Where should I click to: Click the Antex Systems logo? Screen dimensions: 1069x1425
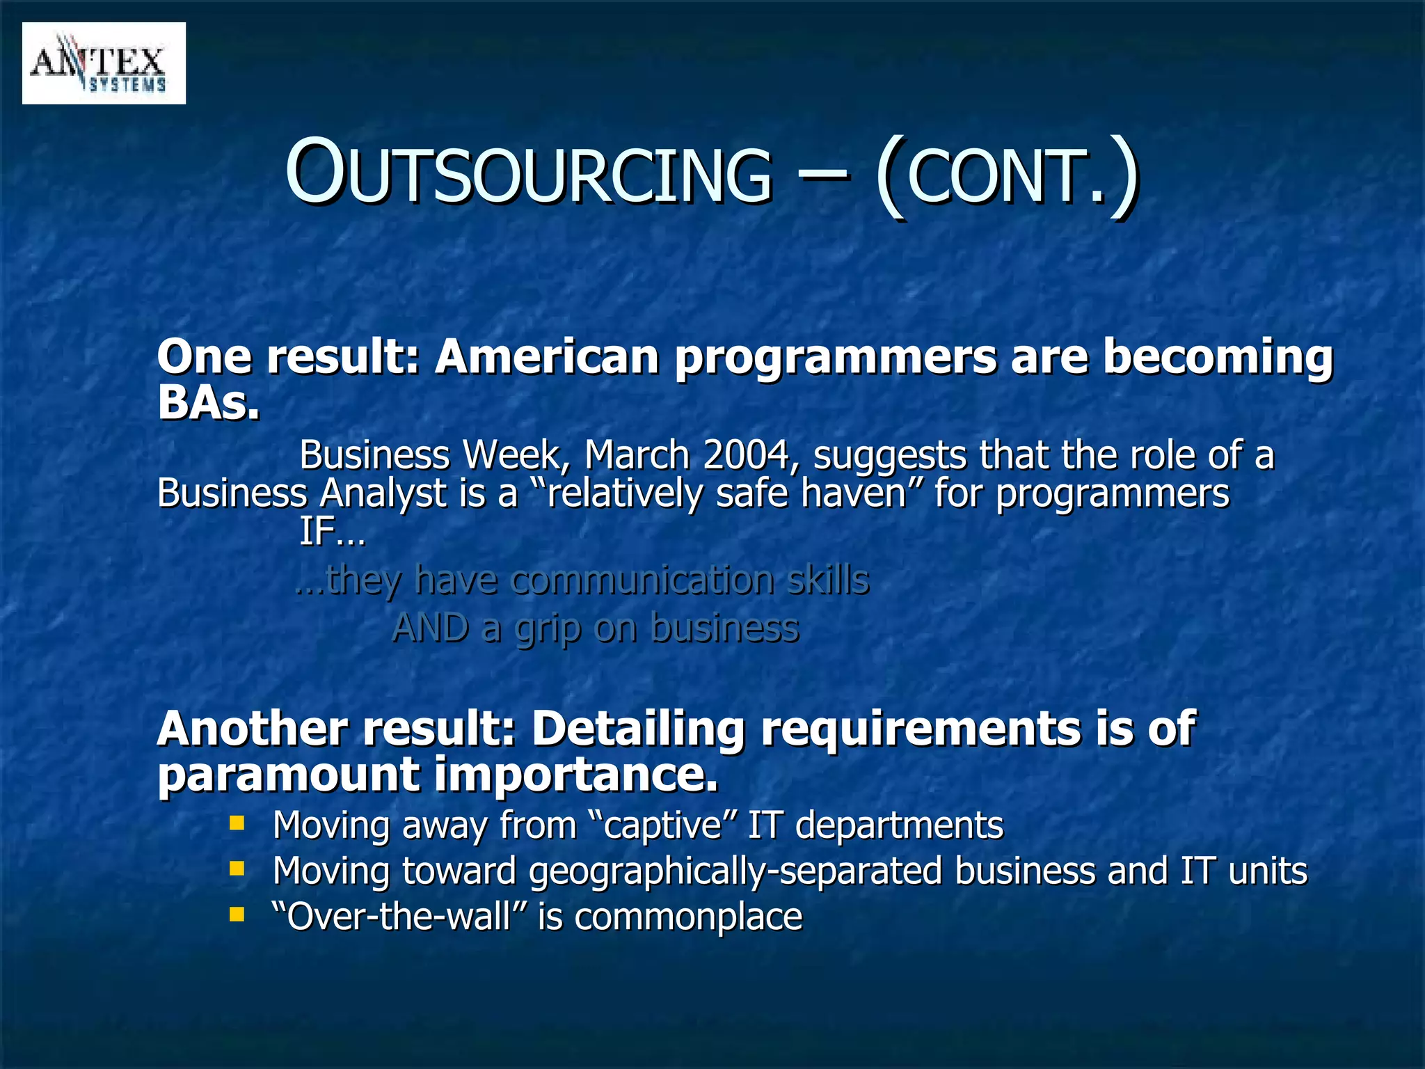(104, 63)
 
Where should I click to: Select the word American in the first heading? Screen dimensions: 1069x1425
(547, 356)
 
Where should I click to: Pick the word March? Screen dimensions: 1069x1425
(636, 455)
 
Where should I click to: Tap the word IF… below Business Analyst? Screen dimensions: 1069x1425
(332, 532)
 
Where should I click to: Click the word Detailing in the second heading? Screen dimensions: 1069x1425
(638, 729)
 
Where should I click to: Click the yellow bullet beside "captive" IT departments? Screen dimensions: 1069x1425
(237, 824)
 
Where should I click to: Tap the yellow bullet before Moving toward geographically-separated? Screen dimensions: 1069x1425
(237, 869)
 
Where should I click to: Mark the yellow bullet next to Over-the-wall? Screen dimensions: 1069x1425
(237, 914)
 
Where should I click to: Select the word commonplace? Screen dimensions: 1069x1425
(688, 917)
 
